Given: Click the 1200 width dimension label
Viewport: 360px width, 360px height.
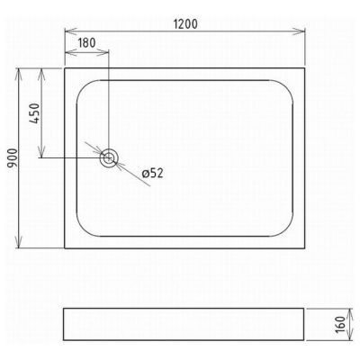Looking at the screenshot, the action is [185, 24].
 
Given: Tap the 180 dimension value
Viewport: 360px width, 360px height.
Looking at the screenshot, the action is [86, 43].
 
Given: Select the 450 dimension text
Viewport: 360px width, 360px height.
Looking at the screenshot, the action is [35, 113].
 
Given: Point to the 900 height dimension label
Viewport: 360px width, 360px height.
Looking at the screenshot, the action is [13, 158].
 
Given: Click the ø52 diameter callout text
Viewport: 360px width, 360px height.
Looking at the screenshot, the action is [153, 173].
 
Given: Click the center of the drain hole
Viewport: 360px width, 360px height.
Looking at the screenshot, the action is [108, 157].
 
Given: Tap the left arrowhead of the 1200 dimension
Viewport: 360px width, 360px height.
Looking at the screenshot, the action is [69, 31].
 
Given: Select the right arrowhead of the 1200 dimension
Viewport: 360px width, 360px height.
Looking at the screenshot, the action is [301, 31].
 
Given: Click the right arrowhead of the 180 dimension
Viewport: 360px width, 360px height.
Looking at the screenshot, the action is [103, 52].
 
